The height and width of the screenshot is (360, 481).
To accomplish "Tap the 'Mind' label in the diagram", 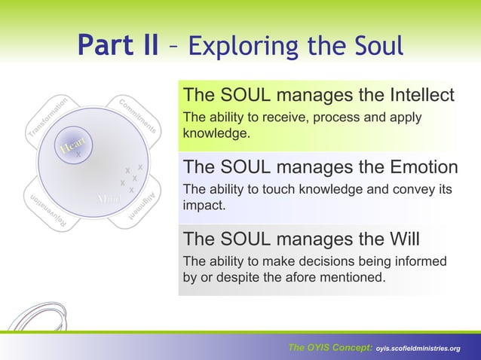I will [x=109, y=199].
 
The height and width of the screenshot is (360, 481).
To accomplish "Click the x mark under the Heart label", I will [x=78, y=154].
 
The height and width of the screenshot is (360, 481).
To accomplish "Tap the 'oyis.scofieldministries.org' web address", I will [x=418, y=348].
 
